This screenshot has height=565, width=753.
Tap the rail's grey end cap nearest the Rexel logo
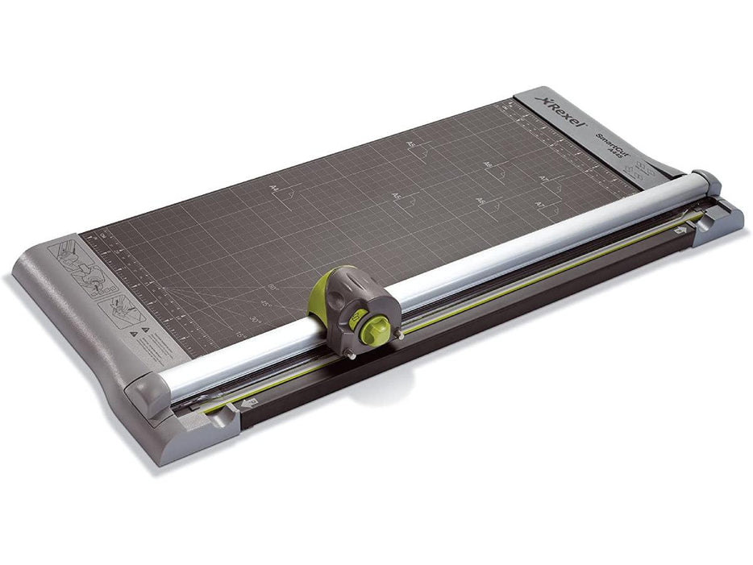tap(706, 181)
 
